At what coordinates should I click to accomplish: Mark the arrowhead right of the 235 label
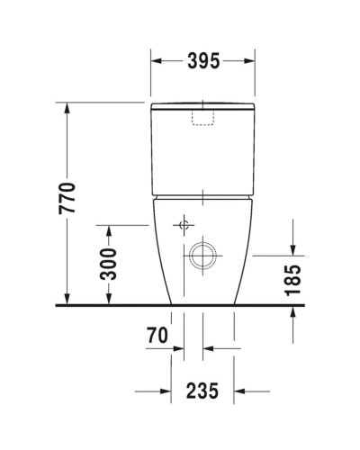tap(240, 391)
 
